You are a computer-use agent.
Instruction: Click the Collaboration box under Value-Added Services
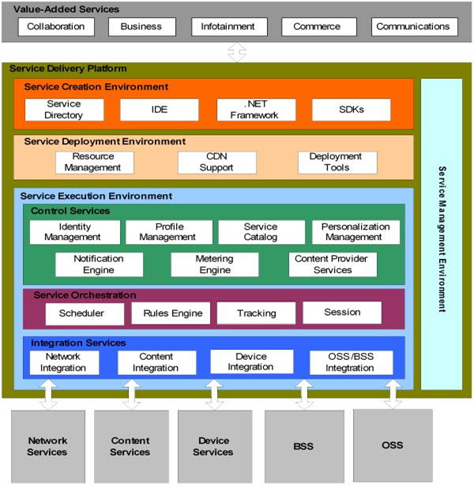pos(56,27)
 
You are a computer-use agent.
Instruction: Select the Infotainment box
pos(229,27)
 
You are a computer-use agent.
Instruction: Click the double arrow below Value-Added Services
pos(237,52)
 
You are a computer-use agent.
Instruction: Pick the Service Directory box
pos(64,110)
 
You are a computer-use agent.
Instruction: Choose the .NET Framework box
pos(256,110)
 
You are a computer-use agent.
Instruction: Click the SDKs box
pos(351,110)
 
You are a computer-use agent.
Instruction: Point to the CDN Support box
pos(217,163)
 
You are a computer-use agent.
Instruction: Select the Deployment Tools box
pos(337,163)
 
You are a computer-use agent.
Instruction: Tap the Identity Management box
pos(74,232)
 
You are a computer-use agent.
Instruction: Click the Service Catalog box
pos(261,232)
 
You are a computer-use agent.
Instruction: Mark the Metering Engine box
pos(215,264)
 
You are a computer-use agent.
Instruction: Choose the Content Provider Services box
pos(333,264)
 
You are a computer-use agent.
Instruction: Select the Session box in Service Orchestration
pos(342,313)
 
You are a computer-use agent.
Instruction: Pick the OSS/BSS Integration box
pos(349,362)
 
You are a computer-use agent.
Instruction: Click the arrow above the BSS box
pos(303,394)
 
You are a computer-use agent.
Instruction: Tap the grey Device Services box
pos(213,446)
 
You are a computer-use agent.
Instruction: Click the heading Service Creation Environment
pos(96,87)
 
